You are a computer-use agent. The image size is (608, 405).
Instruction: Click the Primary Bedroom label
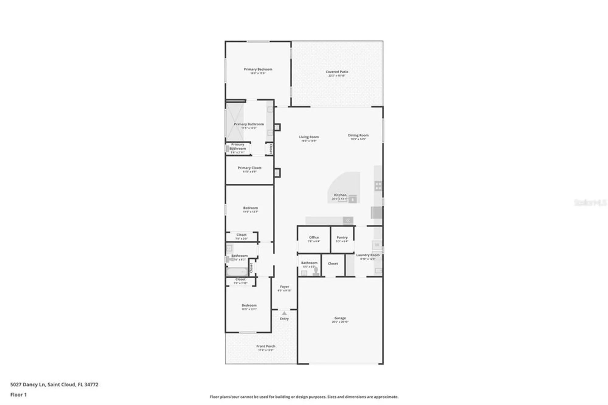click(258, 69)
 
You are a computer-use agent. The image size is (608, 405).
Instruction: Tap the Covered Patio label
click(337, 72)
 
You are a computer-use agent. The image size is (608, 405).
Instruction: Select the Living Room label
click(309, 137)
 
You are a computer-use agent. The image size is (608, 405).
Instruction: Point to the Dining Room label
click(358, 135)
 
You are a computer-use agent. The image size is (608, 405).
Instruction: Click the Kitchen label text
click(340, 195)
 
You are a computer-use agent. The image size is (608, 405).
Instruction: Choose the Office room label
click(314, 237)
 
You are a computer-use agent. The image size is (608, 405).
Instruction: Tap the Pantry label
click(342, 237)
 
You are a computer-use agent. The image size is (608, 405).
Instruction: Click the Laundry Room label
click(368, 255)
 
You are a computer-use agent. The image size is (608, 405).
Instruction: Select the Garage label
click(340, 318)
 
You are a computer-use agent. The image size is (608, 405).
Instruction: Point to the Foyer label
click(285, 287)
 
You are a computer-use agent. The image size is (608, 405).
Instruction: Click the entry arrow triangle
click(284, 313)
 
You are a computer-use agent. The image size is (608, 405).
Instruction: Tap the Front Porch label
click(266, 346)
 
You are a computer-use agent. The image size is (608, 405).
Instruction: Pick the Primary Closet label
click(250, 168)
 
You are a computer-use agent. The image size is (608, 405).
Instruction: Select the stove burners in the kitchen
click(378, 186)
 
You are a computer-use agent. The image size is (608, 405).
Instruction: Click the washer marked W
click(377, 245)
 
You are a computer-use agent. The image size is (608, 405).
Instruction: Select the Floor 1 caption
click(19, 395)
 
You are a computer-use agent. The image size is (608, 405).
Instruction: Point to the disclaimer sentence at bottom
click(304, 397)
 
